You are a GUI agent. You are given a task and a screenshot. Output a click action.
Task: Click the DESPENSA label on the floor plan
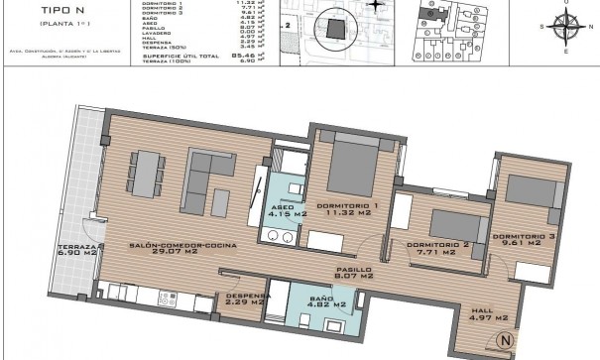(x=244, y=295)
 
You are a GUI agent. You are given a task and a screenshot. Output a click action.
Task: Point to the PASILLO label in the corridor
(x=353, y=269)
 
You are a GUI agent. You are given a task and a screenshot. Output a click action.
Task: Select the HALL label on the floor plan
(x=484, y=311)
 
